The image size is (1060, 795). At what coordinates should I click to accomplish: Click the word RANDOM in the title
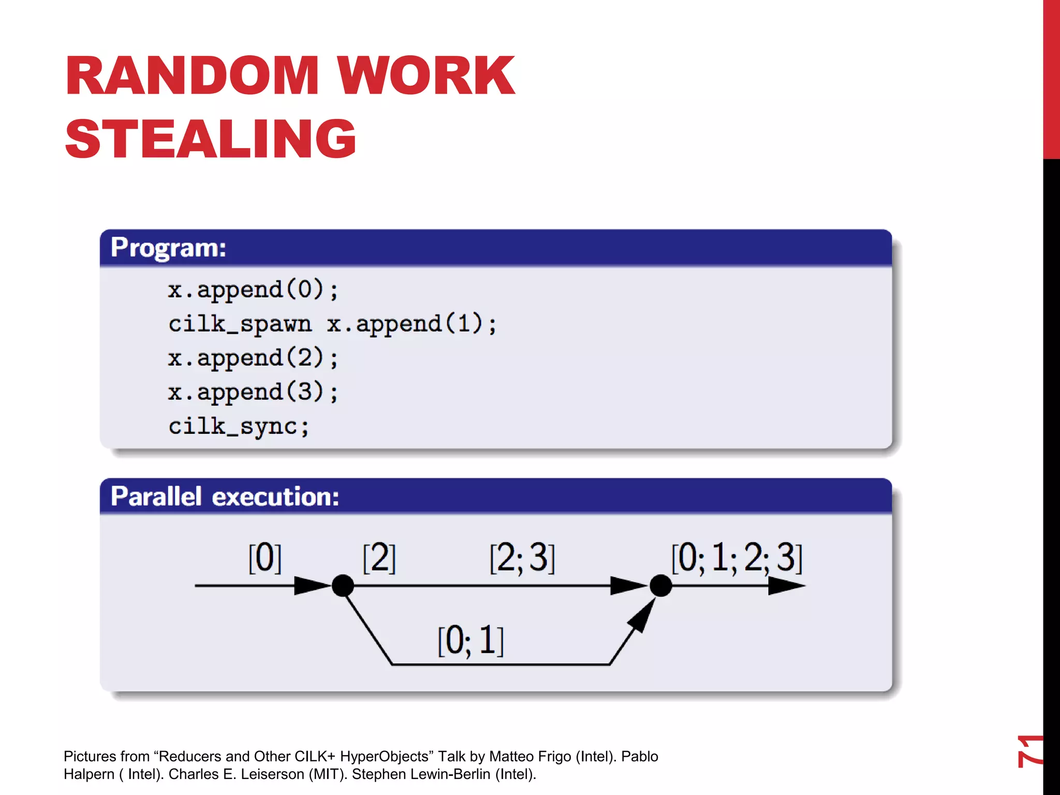[192, 76]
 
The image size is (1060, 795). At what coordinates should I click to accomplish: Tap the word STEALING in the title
[211, 139]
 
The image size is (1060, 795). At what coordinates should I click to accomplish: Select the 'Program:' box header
[168, 247]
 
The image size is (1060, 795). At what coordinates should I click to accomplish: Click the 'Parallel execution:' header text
[225, 496]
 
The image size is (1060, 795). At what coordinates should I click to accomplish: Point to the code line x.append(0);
[253, 290]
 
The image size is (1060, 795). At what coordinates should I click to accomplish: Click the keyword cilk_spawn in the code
[240, 325]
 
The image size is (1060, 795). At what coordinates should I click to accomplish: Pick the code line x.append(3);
[253, 392]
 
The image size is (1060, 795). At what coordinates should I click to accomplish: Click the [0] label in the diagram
[264, 558]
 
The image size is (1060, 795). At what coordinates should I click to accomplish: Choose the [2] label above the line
[379, 558]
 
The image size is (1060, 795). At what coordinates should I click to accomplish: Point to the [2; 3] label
[522, 558]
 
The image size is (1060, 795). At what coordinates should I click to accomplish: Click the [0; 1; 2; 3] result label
[737, 558]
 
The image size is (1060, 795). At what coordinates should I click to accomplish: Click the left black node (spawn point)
[343, 585]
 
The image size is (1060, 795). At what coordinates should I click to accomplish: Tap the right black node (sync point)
[660, 585]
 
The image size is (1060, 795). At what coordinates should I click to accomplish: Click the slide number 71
[1029, 750]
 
